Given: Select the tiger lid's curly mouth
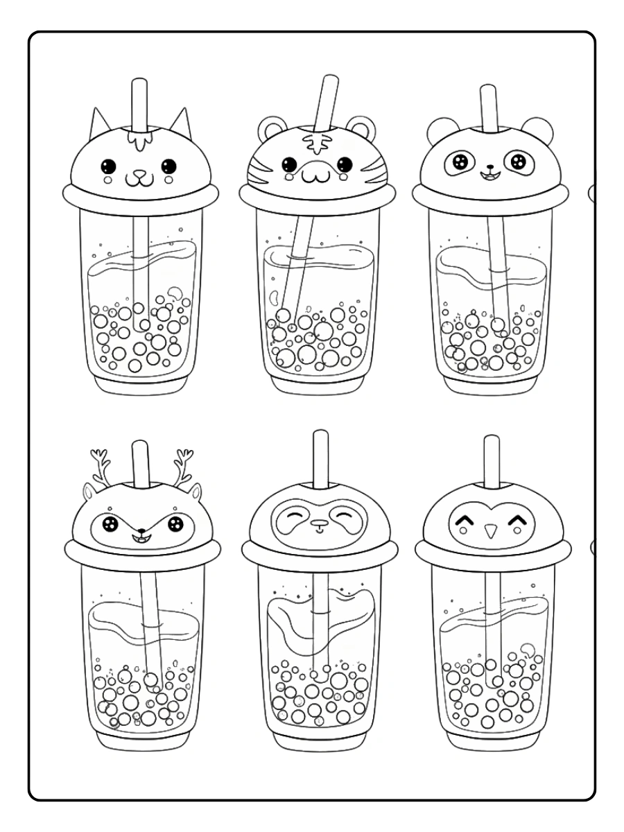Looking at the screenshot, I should coord(316,175).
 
